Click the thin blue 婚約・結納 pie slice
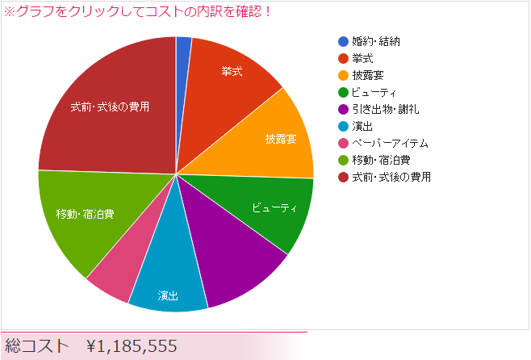pyautogui.click(x=183, y=57)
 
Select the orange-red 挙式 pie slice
pyautogui.click(x=234, y=77)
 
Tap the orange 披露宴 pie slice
pyautogui.click(x=278, y=137)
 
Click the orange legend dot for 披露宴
pyautogui.click(x=344, y=75)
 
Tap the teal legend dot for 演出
pyautogui.click(x=344, y=126)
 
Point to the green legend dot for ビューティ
pyautogui.click(x=344, y=92)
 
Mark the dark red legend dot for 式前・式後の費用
pyautogui.click(x=344, y=177)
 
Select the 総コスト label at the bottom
pyautogui.click(x=37, y=346)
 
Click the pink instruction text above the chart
pyautogui.click(x=138, y=12)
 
